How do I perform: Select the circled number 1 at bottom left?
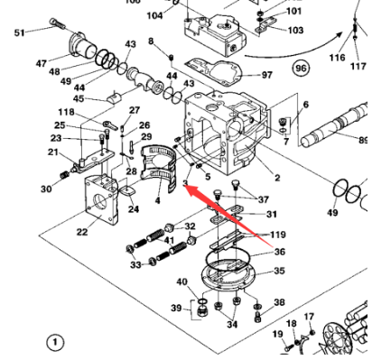click(56, 342)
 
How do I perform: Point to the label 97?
click(265, 75)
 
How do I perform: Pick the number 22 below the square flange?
click(81, 232)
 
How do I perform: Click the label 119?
click(278, 234)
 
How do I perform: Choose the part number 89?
click(363, 140)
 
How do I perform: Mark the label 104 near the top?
click(154, 15)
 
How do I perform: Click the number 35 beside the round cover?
click(279, 270)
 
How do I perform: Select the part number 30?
click(46, 189)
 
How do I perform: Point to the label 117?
click(358, 66)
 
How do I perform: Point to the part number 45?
click(78, 98)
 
